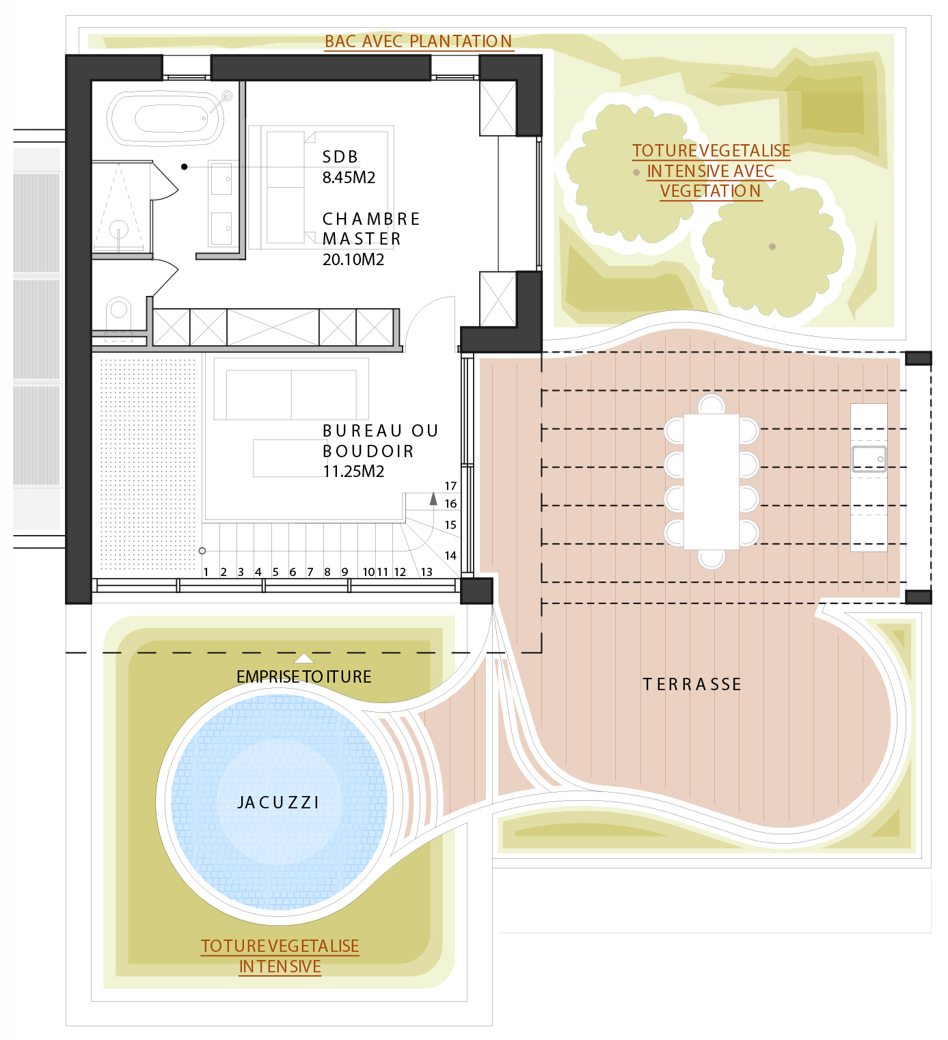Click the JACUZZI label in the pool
(x=278, y=803)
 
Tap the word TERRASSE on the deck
(x=692, y=685)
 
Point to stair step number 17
(x=450, y=486)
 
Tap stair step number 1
(x=206, y=572)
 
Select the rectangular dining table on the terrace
(x=712, y=481)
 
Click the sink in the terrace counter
(x=869, y=459)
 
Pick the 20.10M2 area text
(x=353, y=259)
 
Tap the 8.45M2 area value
(x=349, y=177)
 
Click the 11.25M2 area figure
(x=353, y=471)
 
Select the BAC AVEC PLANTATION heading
(x=418, y=41)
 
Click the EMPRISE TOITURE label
(x=304, y=677)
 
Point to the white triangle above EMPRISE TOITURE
(x=304, y=659)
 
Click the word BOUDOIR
(x=368, y=451)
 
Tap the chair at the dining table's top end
(x=712, y=404)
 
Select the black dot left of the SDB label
(x=184, y=167)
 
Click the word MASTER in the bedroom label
(x=362, y=239)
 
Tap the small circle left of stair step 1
(x=202, y=551)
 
